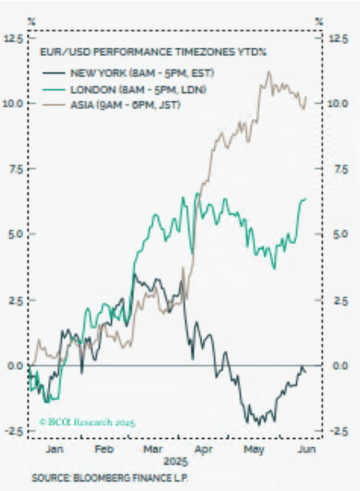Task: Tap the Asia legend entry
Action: pos(125,104)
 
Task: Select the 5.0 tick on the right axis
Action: pos(338,234)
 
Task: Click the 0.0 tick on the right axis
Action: pos(338,365)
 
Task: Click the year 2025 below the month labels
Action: pos(176,463)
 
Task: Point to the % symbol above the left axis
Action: pos(32,21)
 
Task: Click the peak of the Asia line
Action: pos(268,72)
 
